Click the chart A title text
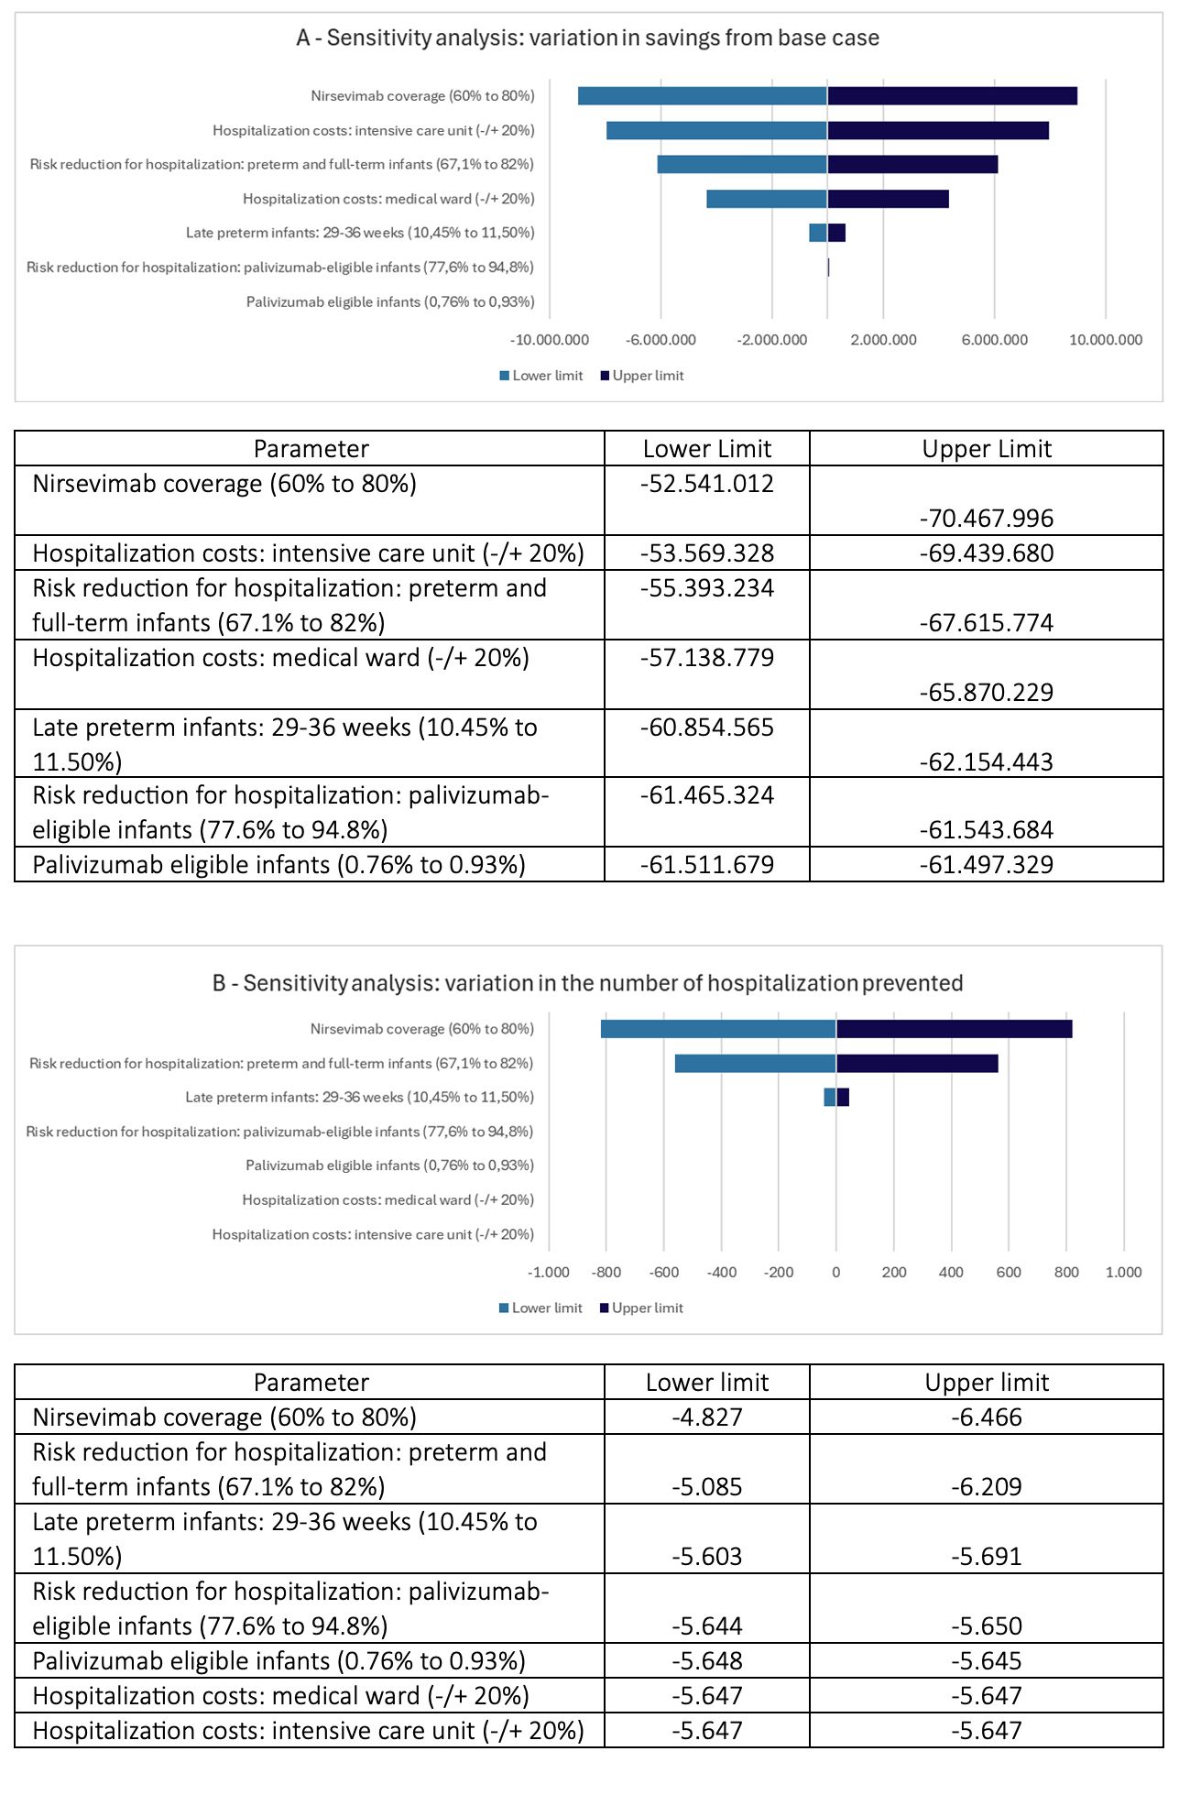[x=587, y=38]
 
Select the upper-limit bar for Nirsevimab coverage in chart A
[x=952, y=95]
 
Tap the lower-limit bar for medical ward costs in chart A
[x=766, y=199]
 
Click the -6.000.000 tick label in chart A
[x=661, y=340]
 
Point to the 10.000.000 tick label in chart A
[x=1106, y=340]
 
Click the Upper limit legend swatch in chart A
[x=605, y=376]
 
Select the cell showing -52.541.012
[x=706, y=484]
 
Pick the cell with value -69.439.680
[x=986, y=553]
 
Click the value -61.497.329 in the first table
[x=986, y=864]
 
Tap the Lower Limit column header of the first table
[x=706, y=449]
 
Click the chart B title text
[x=587, y=983]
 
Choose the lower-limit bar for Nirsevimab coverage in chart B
[x=718, y=1029]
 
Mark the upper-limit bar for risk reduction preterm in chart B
[x=917, y=1063]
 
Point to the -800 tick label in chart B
[x=606, y=1273]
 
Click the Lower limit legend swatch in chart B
[x=504, y=1308]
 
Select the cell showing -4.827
[x=706, y=1417]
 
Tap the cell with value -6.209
[x=986, y=1486]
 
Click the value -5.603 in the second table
[x=706, y=1556]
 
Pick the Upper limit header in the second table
[x=986, y=1383]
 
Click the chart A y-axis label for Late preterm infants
[x=360, y=233]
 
